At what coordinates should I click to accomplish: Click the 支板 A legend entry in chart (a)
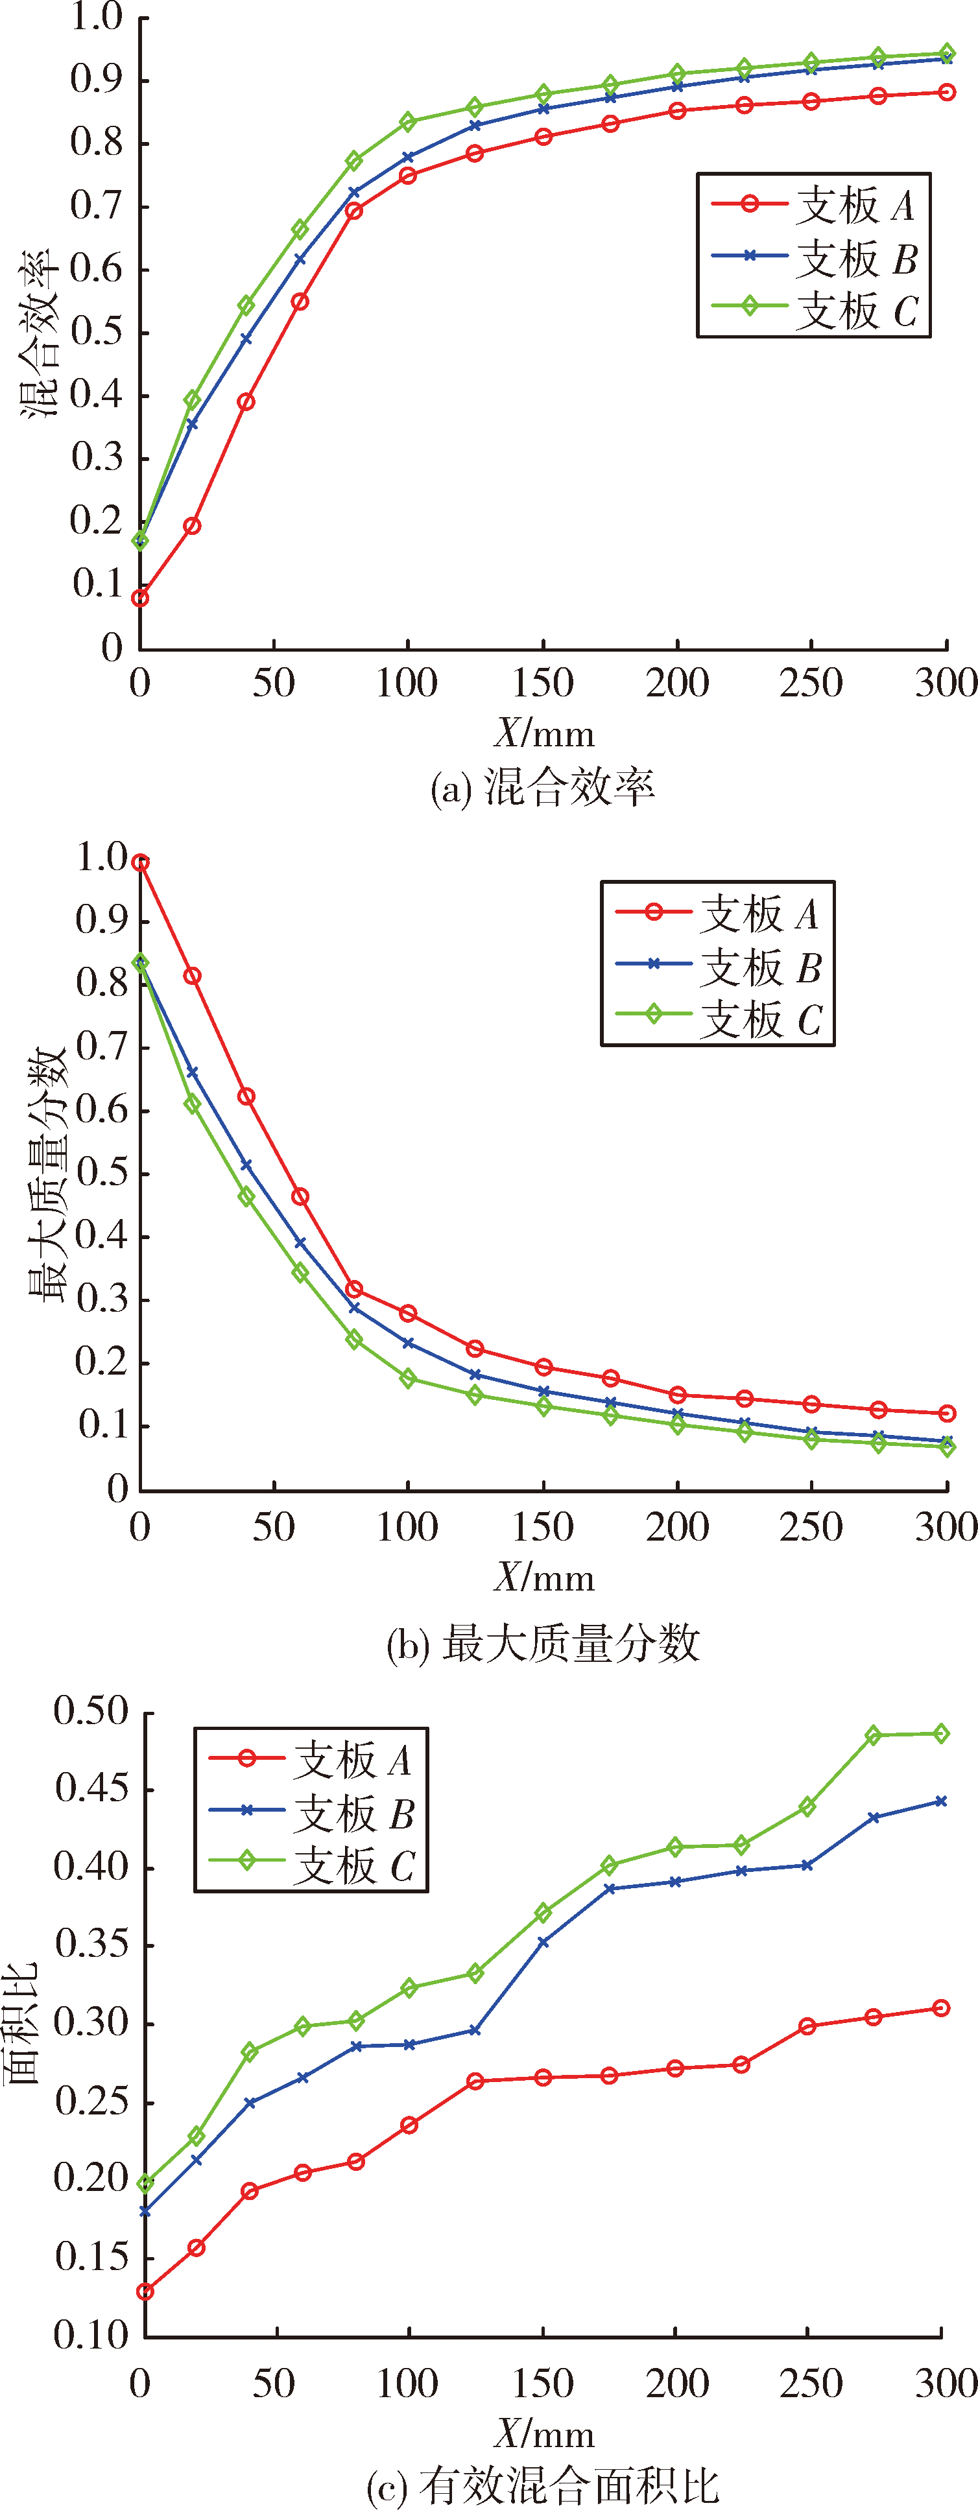[813, 205]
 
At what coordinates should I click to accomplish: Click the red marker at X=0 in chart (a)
[140, 597]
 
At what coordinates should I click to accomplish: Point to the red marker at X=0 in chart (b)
[140, 862]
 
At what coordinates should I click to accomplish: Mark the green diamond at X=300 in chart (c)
[941, 1733]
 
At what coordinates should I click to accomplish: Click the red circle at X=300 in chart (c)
[941, 2008]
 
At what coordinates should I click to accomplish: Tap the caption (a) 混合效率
[543, 787]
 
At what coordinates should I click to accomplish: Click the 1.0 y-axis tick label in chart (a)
[97, 17]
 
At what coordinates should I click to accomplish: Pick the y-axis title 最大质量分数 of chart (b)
[47, 1175]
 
